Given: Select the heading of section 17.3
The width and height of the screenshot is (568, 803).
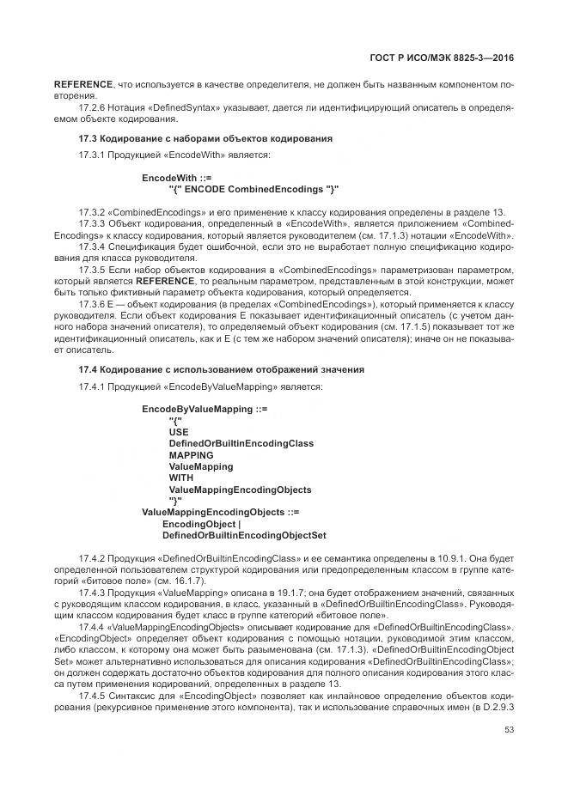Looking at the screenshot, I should (205, 138).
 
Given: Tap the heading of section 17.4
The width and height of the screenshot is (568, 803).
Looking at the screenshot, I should (221, 369).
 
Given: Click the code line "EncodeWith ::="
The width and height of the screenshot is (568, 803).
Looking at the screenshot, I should (177, 178).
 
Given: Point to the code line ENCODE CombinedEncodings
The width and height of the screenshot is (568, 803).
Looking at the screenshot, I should (254, 189).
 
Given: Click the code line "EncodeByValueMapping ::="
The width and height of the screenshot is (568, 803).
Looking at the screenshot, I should (205, 410).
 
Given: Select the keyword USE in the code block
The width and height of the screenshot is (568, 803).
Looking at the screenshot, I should (179, 432).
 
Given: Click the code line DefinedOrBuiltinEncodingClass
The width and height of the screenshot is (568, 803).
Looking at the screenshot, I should (241, 444).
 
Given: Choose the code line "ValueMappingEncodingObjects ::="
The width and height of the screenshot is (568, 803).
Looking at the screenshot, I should (220, 513).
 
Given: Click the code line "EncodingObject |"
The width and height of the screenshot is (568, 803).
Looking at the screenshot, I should (202, 524).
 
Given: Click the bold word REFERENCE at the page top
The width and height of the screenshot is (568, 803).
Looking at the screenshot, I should (84, 84).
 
